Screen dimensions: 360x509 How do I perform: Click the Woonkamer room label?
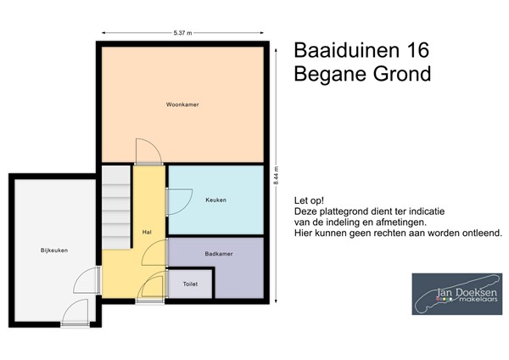point(183,105)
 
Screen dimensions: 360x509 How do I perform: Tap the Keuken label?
point(215,200)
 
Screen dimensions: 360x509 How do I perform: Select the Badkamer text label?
point(218,253)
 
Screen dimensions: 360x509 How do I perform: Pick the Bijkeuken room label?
point(53,250)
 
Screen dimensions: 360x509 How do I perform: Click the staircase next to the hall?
point(116,209)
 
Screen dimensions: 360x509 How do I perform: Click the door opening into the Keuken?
point(179,200)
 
